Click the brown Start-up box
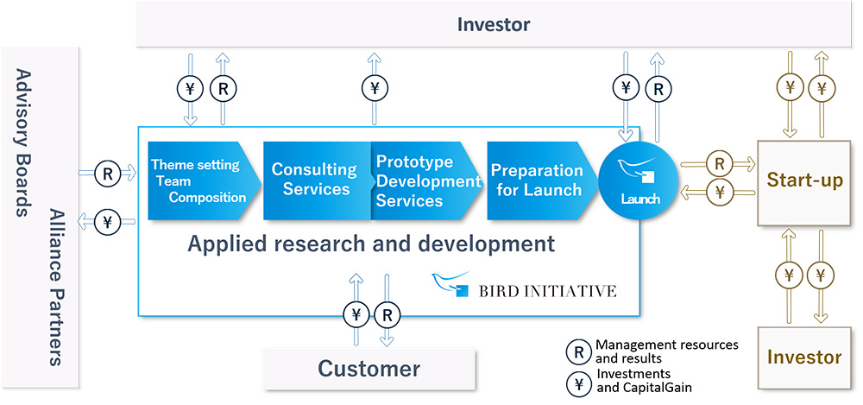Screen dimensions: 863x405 (804, 182)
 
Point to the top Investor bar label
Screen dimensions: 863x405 (494, 24)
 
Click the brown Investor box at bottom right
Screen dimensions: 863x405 (804, 358)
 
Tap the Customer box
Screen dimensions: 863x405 (369, 368)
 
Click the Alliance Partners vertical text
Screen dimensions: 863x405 (55, 287)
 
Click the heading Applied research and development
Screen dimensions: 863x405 (371, 244)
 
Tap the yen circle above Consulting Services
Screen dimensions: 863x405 (375, 87)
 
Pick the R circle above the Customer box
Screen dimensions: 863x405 (387, 315)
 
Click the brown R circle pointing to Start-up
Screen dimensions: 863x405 (718, 164)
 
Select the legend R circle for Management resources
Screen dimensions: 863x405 (579, 351)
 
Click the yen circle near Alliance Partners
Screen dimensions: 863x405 (107, 222)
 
